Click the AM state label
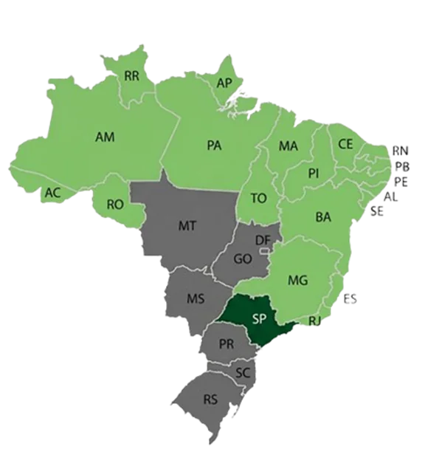(x=104, y=137)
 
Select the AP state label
(x=224, y=83)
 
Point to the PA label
(x=214, y=146)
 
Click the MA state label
(x=288, y=146)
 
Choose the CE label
(x=345, y=144)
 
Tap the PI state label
(x=314, y=173)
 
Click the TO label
(x=258, y=198)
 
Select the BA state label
(x=322, y=217)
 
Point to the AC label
(x=52, y=193)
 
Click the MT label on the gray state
(x=187, y=226)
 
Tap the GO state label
(x=243, y=259)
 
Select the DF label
(x=262, y=240)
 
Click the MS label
(x=195, y=298)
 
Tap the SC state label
(x=243, y=372)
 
